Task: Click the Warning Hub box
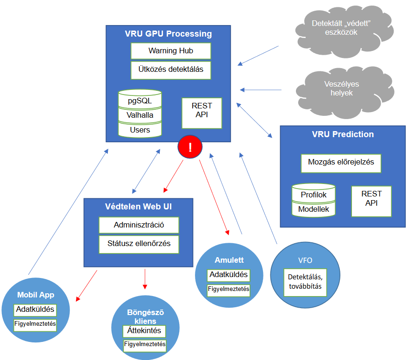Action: pos(171,51)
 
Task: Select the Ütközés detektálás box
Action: pos(171,70)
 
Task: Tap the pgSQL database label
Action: pos(140,100)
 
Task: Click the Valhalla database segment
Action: pos(140,115)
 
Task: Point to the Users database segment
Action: pos(140,130)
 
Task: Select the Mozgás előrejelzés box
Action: pos(341,163)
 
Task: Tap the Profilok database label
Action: pos(314,194)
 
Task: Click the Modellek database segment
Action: pos(314,209)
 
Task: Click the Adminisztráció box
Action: pos(139,225)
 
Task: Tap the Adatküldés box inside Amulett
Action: pos(229,275)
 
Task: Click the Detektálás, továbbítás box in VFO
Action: pos(304,282)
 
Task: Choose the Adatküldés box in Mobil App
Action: pos(35,309)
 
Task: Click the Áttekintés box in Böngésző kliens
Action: pos(144,330)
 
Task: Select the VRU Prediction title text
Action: pos(343,134)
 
